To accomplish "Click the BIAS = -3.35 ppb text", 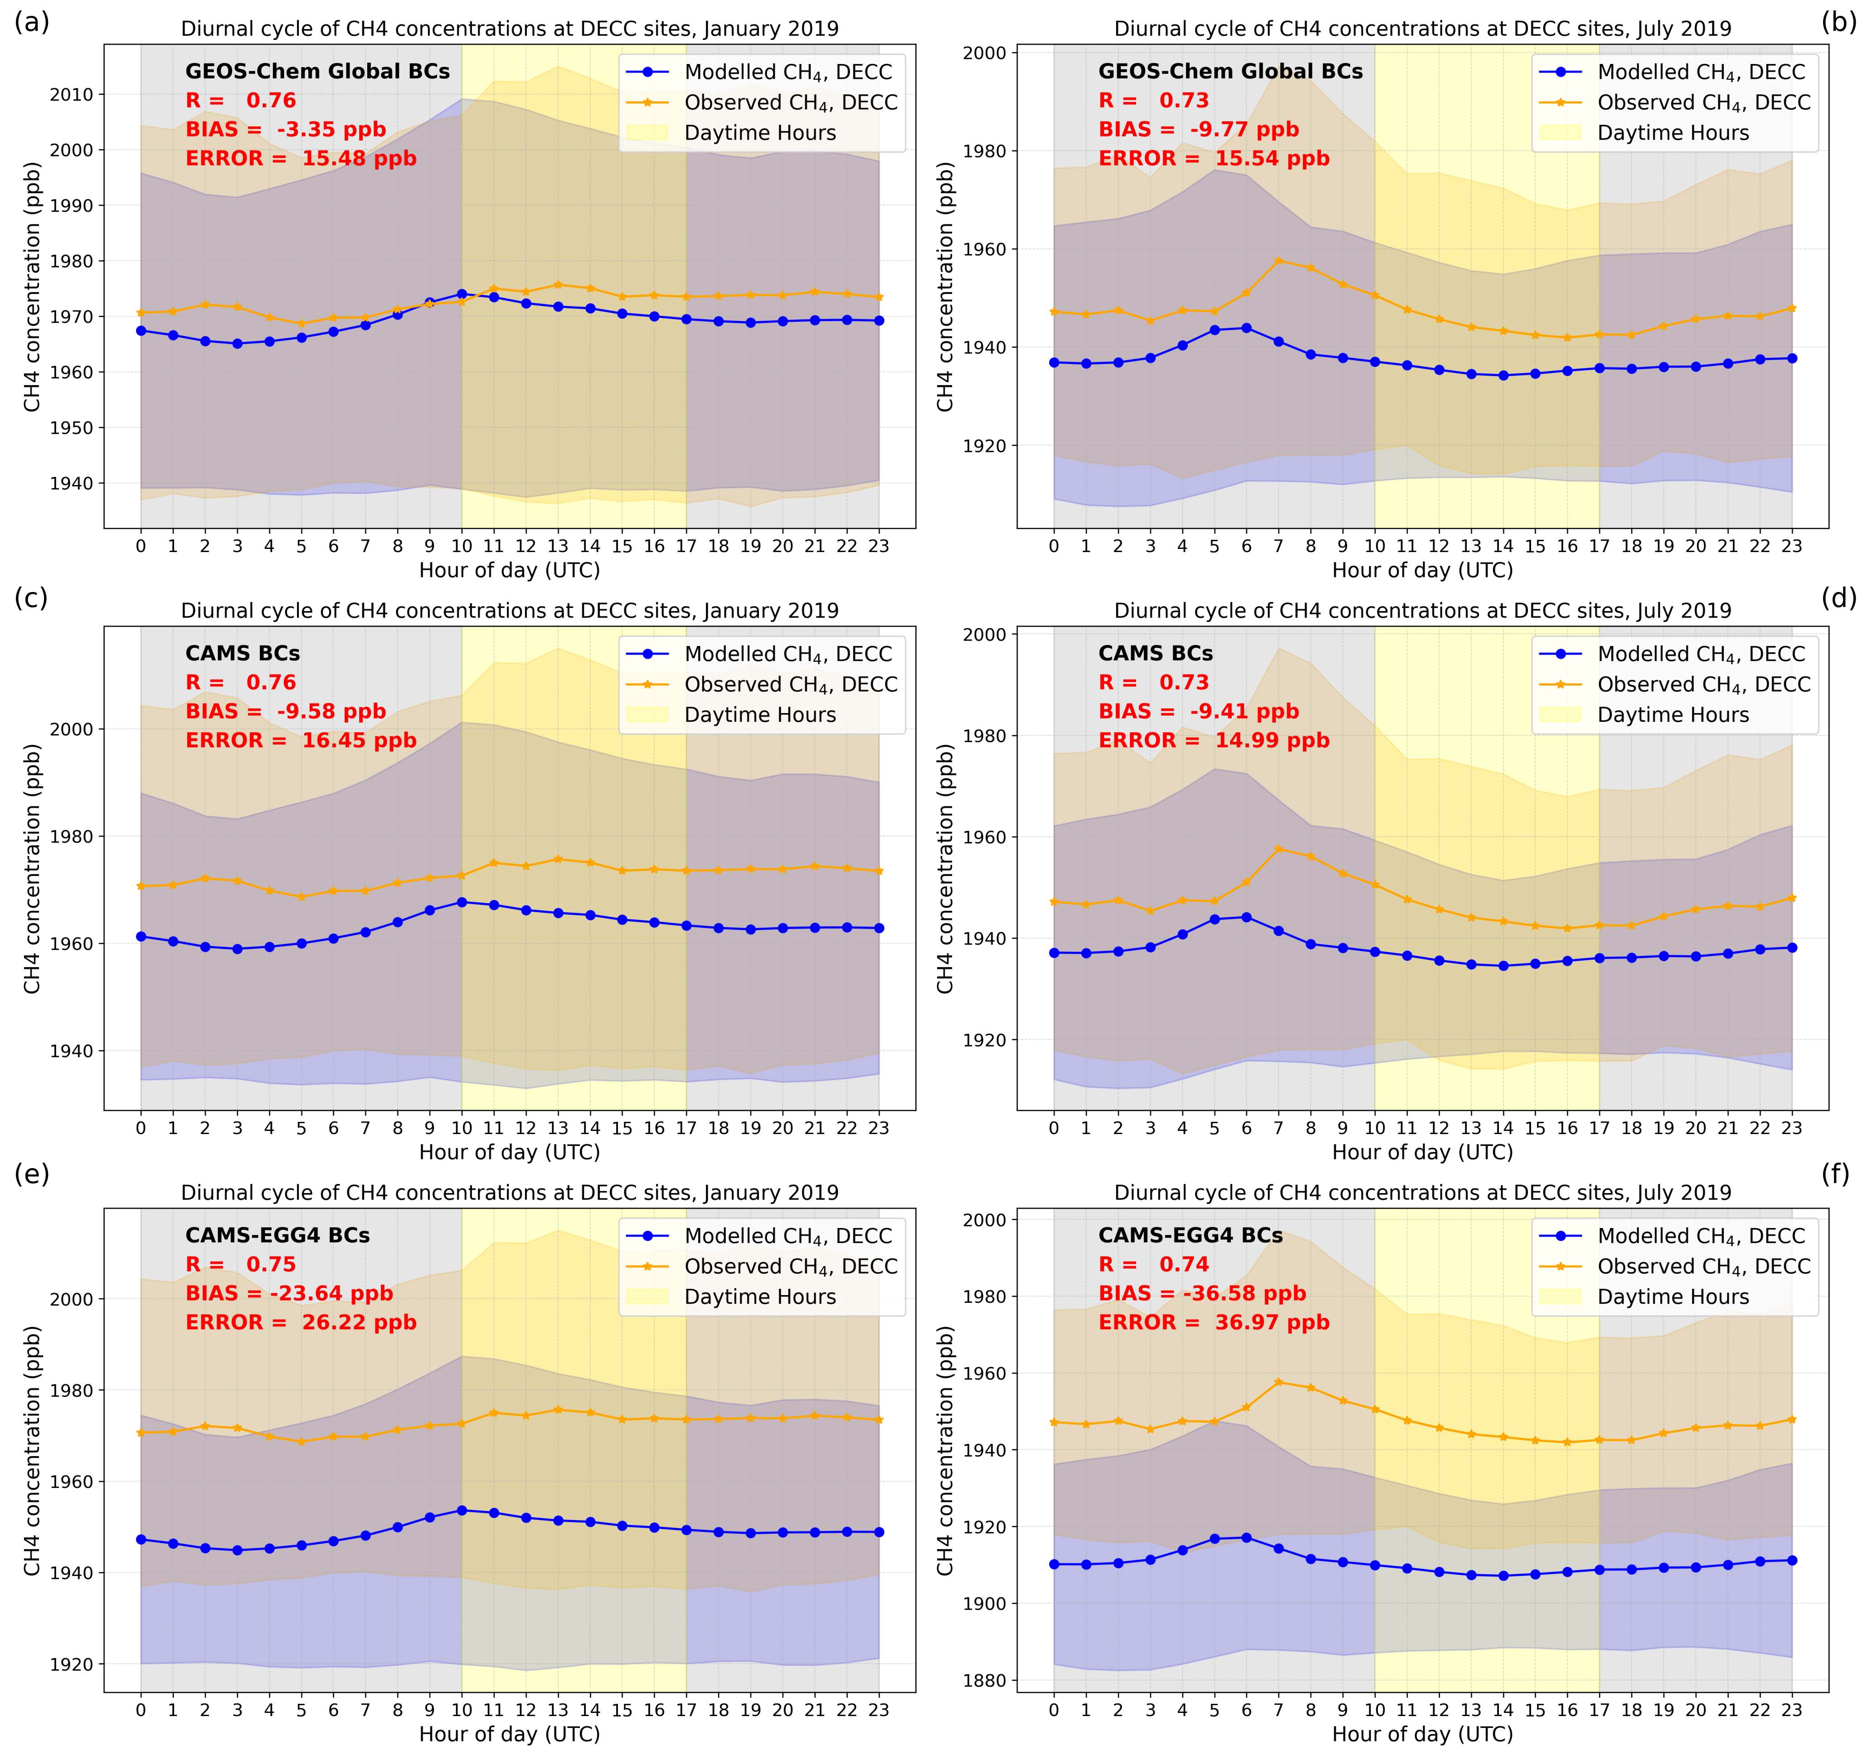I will pyautogui.click(x=285, y=129).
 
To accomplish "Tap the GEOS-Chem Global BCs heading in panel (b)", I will pyautogui.click(x=1230, y=72).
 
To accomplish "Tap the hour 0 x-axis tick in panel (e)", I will pyautogui.click(x=141, y=1710).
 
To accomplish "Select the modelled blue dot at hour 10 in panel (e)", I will pyautogui.click(x=462, y=1510).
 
